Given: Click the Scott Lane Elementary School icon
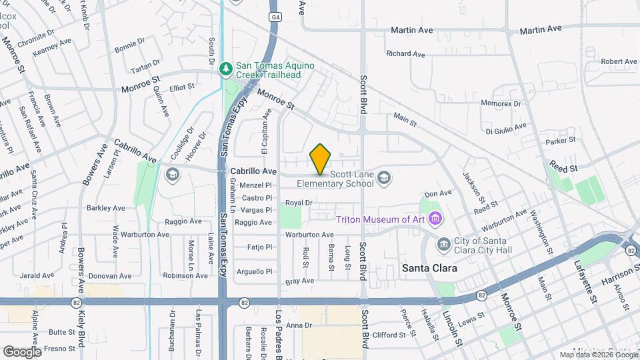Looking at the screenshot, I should (x=383, y=177).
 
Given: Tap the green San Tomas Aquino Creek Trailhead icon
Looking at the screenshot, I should (x=227, y=69).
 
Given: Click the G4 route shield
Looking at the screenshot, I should (x=274, y=16).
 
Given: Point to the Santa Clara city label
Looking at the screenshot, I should (x=429, y=268).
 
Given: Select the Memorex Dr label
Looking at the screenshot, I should (x=501, y=103).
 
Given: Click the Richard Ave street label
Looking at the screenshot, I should (x=405, y=54).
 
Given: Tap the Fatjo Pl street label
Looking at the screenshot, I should (x=259, y=247).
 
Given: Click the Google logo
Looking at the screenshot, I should (x=22, y=351).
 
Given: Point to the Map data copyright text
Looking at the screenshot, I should (x=597, y=355).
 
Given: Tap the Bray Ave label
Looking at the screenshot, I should (x=299, y=282).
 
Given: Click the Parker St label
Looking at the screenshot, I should (x=560, y=141).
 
